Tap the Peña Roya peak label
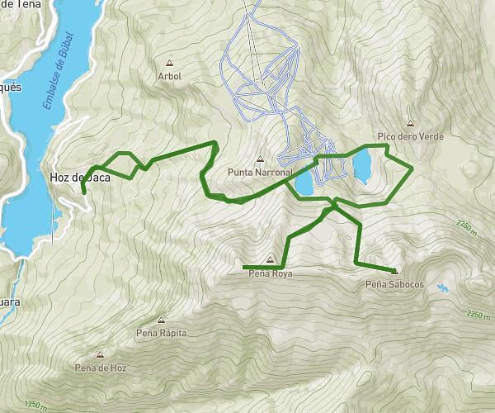(x=271, y=273)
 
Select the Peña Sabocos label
(x=394, y=285)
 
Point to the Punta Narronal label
(x=261, y=173)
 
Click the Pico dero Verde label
(x=410, y=135)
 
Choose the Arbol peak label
(x=169, y=76)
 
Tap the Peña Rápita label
(x=161, y=333)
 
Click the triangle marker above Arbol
(x=169, y=63)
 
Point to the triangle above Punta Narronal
(x=261, y=159)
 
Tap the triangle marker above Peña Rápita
(x=161, y=320)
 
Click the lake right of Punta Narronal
(x=304, y=181)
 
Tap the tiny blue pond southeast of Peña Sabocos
(x=444, y=287)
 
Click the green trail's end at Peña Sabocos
(x=394, y=270)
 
